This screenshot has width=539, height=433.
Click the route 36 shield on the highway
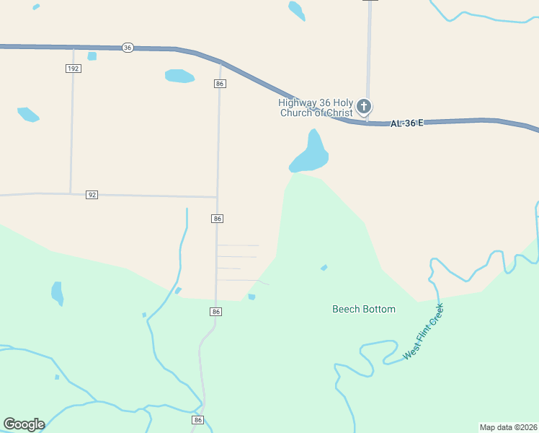coord(128,47)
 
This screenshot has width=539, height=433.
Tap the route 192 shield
coord(73,69)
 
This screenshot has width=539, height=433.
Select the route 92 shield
coord(92,195)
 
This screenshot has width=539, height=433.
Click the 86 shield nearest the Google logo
coord(198,419)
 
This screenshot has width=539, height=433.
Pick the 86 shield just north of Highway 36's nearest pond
coord(220,84)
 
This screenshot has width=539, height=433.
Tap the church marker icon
coord(365,108)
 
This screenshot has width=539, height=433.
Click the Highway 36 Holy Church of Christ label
coord(316,107)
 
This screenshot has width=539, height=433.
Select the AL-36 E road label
coord(406,123)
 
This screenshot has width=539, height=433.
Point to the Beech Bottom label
coord(363,309)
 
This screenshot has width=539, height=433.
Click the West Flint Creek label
coord(423,332)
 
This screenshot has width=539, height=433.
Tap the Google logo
coord(24,424)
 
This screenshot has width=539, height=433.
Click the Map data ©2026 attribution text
coord(508,427)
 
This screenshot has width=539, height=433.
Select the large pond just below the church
coord(311,154)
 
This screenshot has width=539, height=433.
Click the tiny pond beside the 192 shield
coord(92,56)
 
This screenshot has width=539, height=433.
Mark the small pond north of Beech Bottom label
coord(324,268)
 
